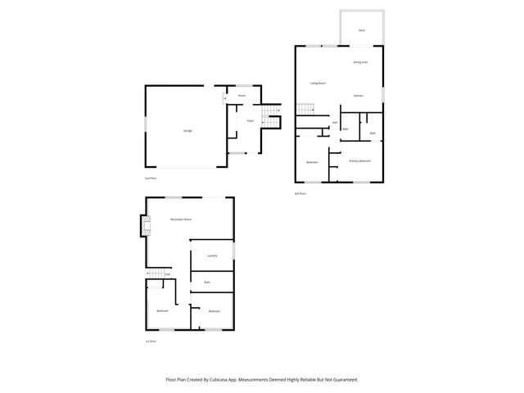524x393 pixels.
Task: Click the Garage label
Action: point(187,130)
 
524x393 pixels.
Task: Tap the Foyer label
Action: point(250,121)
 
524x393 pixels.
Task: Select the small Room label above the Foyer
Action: point(242,97)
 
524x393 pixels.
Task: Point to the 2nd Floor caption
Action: point(150,178)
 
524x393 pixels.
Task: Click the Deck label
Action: point(362,31)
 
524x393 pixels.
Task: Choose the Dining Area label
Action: point(360,62)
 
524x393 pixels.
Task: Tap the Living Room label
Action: point(318,84)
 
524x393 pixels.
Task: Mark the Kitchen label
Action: point(359,96)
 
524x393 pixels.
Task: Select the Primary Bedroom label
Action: point(360,161)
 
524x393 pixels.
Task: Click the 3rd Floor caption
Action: point(300,193)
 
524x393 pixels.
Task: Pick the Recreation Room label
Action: point(181,219)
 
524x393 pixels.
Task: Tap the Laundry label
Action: point(211,255)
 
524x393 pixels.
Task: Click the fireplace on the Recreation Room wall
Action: point(145,226)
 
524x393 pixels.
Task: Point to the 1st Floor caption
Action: point(150,341)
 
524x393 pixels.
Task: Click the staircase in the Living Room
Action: point(305,110)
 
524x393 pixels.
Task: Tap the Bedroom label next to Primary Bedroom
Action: point(312,162)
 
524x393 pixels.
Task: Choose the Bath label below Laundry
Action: point(208,282)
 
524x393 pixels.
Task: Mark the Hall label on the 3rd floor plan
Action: point(335,123)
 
